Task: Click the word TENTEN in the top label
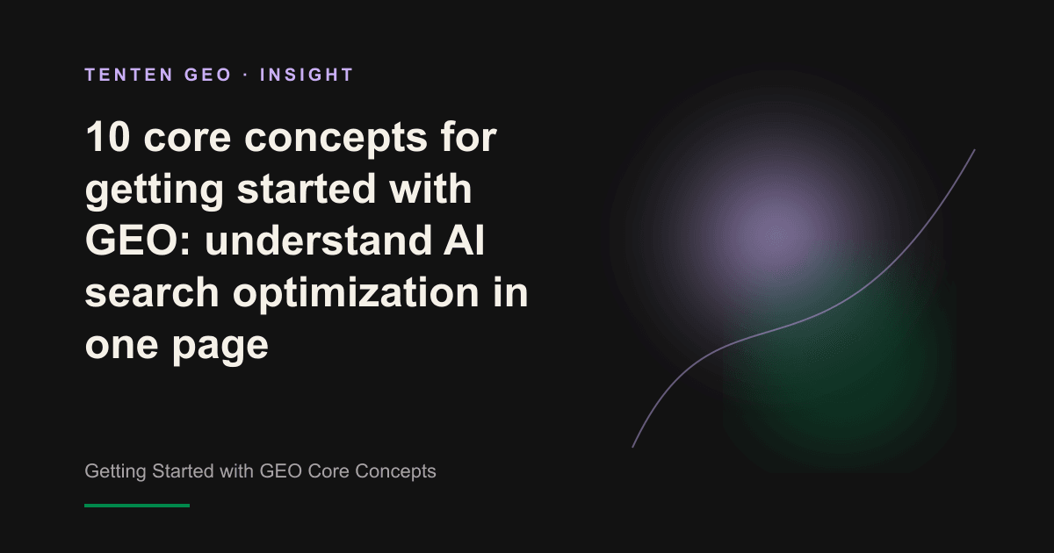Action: coord(129,75)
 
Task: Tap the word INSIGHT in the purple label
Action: coord(307,75)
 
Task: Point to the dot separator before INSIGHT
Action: coord(246,75)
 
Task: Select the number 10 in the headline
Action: coord(107,137)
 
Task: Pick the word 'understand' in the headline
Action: coord(319,241)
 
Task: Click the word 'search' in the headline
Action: coord(152,292)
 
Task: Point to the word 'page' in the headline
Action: coord(220,347)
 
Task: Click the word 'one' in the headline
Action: coord(121,346)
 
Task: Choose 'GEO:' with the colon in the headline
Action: coord(138,241)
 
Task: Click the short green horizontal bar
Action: coord(137,506)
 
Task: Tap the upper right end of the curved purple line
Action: coord(974,150)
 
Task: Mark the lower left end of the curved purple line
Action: coord(632,447)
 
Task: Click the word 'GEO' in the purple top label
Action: coord(207,75)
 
